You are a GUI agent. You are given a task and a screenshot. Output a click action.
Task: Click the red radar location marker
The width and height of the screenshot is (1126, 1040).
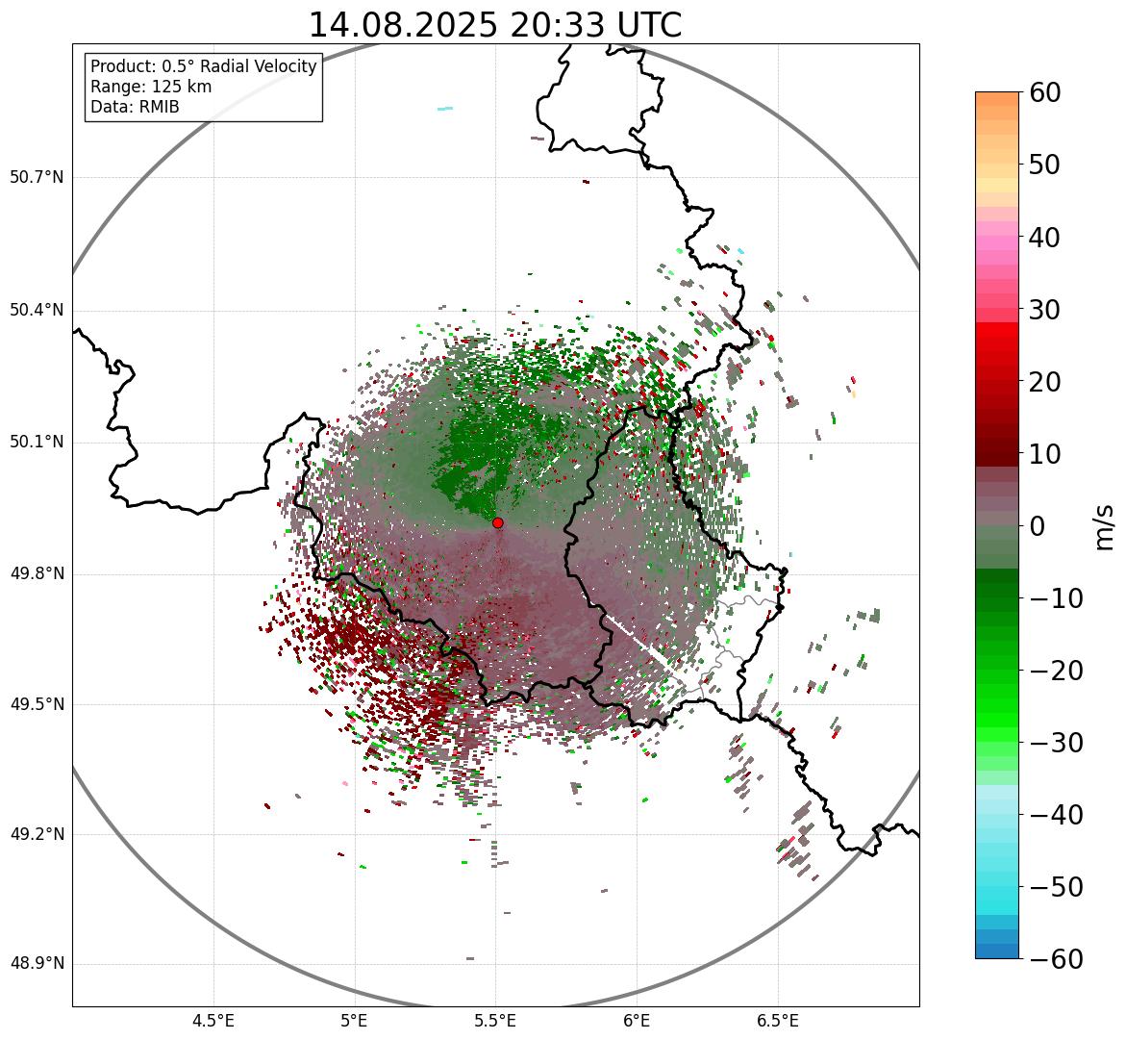click(x=497, y=522)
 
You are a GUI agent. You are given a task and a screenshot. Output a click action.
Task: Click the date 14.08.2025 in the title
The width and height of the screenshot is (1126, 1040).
click(x=403, y=25)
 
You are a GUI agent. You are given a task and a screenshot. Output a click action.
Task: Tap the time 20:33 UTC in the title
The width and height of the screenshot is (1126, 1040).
click(x=595, y=25)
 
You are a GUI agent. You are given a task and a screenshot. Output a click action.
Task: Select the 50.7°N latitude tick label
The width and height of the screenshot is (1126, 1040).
click(x=36, y=178)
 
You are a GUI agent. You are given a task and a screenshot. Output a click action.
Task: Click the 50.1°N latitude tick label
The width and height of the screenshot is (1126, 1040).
click(x=36, y=443)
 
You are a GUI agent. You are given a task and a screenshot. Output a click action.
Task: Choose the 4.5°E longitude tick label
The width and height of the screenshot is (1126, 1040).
click(x=213, y=1021)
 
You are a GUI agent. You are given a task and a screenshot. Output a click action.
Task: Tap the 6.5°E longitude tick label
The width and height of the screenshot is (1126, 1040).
click(x=777, y=1021)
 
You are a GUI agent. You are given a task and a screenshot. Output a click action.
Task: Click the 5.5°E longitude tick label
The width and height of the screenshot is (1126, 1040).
click(x=495, y=1021)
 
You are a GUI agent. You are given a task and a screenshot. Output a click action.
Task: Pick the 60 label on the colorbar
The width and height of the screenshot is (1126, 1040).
click(x=1045, y=92)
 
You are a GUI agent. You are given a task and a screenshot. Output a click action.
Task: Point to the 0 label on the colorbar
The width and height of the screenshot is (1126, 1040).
click(x=1038, y=526)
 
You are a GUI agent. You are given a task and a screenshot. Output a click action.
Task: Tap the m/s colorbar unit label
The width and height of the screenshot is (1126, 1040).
click(x=1104, y=526)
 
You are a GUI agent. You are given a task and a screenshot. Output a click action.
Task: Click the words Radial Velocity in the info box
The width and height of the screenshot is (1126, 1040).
click(x=260, y=66)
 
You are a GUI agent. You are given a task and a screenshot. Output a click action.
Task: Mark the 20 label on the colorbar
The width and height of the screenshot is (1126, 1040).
click(x=1045, y=382)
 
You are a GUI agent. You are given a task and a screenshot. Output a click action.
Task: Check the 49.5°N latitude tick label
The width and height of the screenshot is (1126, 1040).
click(x=36, y=705)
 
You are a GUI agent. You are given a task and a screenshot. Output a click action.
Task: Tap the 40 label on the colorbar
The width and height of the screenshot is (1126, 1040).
click(x=1045, y=237)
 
